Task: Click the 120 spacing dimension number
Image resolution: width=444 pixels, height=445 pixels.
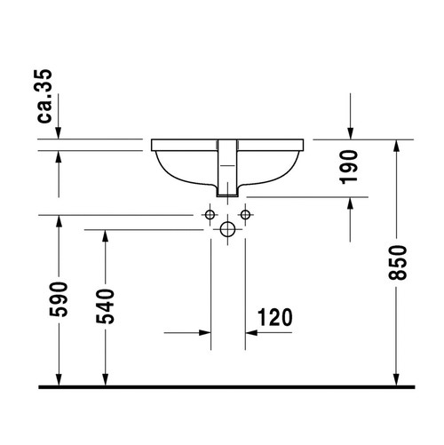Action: pyautogui.click(x=275, y=317)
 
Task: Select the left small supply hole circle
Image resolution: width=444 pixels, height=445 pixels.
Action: pyautogui.click(x=211, y=216)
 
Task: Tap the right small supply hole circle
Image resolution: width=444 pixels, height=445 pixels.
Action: pyautogui.click(x=243, y=216)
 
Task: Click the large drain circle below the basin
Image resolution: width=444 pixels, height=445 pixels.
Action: pyautogui.click(x=227, y=230)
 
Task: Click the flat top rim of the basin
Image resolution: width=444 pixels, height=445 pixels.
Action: pyautogui.click(x=227, y=142)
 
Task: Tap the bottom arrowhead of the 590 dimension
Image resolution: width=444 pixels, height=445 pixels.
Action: pyautogui.click(x=58, y=379)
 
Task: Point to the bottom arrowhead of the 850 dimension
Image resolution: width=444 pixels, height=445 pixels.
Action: pyautogui.click(x=396, y=379)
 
